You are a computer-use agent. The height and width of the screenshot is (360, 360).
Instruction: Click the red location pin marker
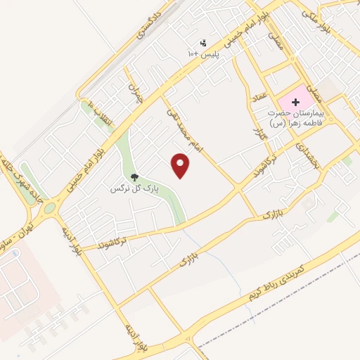point(181,166)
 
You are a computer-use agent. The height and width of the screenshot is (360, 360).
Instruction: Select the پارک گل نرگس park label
point(134,189)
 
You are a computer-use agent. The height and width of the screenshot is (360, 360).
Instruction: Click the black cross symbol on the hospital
point(295,103)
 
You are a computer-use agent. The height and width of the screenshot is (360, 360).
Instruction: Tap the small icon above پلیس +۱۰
point(204,43)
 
